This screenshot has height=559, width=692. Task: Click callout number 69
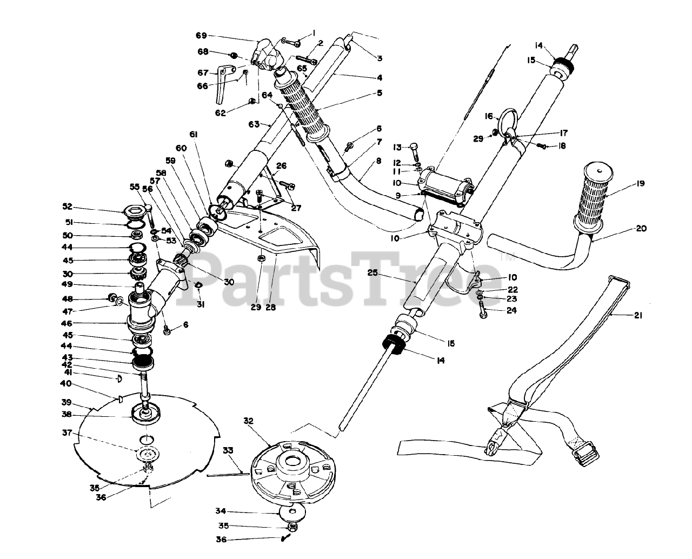[201, 36]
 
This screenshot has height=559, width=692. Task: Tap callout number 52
[67, 207]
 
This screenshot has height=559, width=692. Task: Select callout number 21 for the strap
[638, 316]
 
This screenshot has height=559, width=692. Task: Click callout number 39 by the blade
[66, 402]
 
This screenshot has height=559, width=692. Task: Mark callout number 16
[489, 116]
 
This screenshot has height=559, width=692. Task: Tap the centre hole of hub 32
[291, 462]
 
